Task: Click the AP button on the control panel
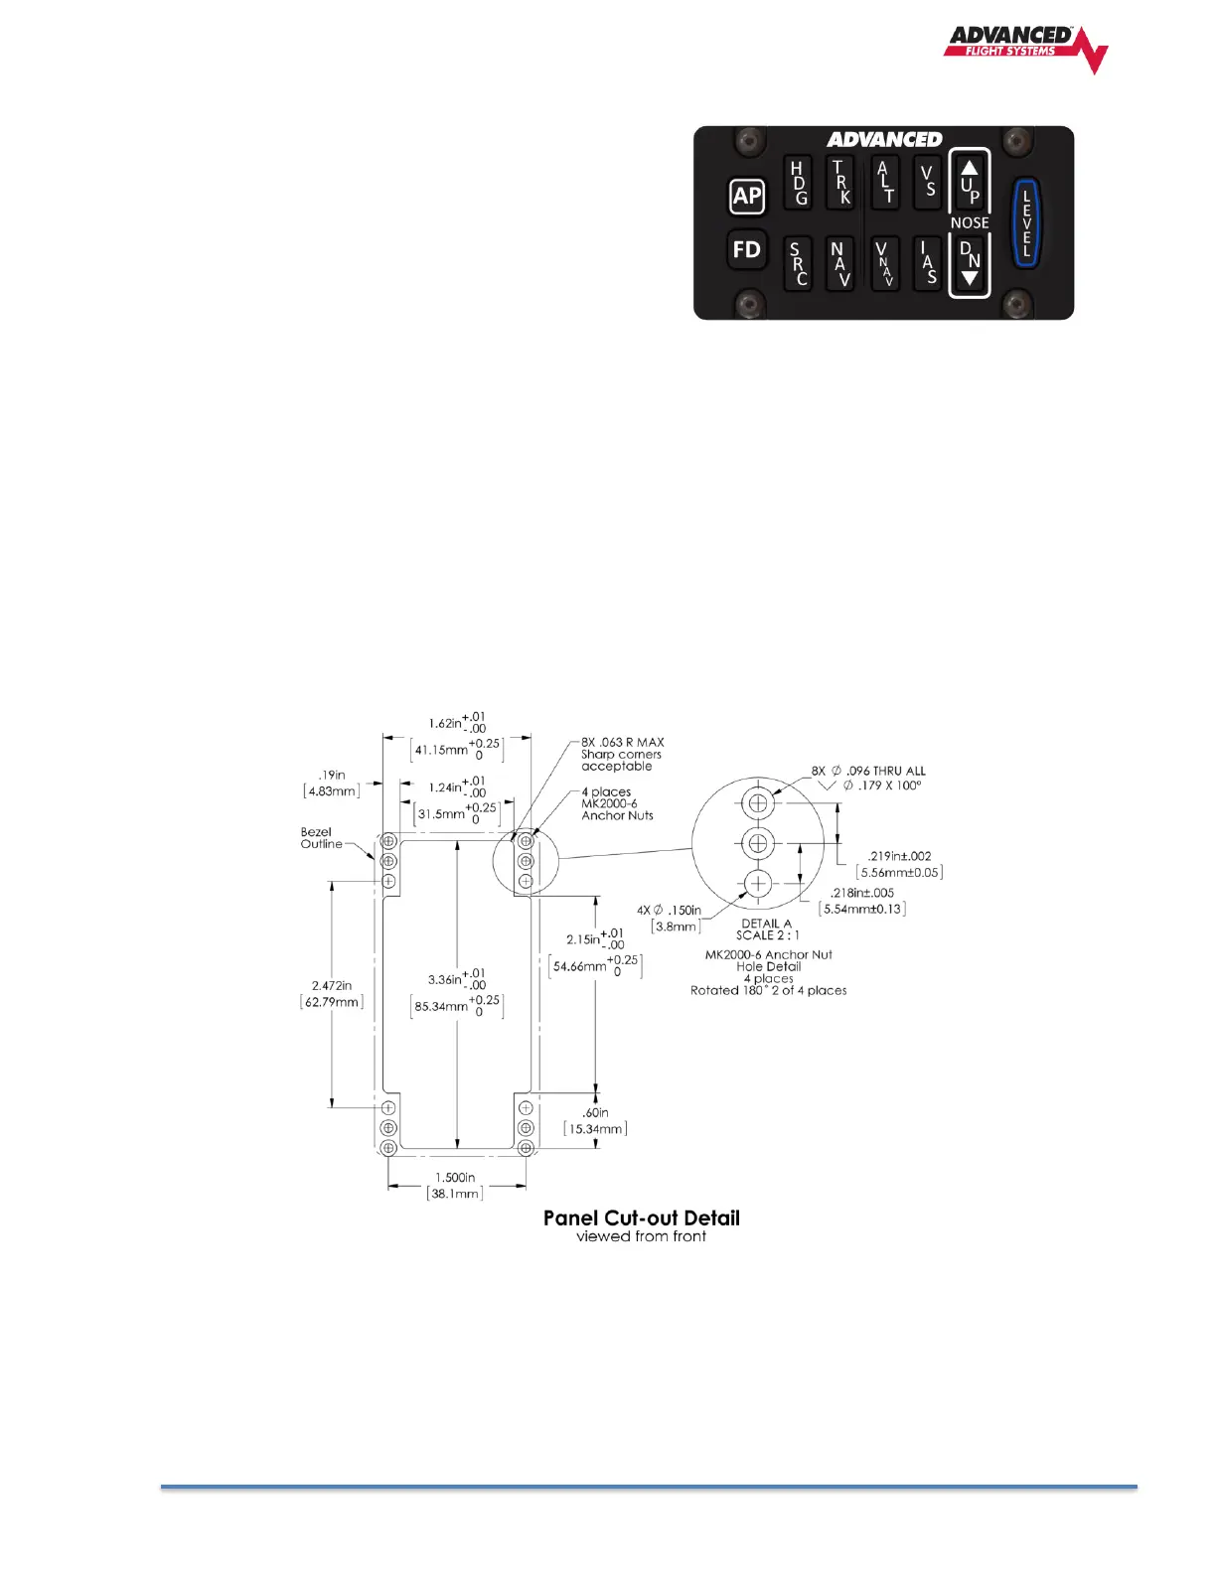point(747,196)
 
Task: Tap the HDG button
point(799,183)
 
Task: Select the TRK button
point(840,183)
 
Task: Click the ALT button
point(884,183)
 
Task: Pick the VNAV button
point(884,263)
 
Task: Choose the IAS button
point(927,263)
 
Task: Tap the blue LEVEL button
point(1026,223)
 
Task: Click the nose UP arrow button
point(970,182)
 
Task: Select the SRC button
point(799,263)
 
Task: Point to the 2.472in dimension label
point(332,985)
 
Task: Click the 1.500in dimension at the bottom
point(455,1177)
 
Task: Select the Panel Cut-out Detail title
point(641,1217)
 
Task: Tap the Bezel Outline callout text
point(321,838)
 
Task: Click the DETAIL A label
point(766,924)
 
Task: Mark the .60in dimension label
point(595,1112)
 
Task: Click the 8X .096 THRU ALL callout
point(868,771)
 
